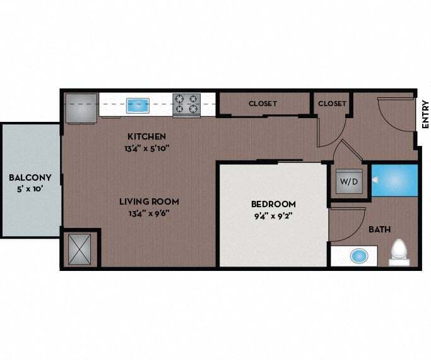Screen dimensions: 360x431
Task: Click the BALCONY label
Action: point(30,177)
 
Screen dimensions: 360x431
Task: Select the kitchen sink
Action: point(136,105)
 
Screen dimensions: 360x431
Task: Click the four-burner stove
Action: point(187,105)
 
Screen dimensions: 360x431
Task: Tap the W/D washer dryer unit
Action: point(348,182)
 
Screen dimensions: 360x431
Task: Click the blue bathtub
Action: point(394,179)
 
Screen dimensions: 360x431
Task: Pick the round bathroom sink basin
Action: point(358,256)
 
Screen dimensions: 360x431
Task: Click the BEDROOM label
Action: point(273,204)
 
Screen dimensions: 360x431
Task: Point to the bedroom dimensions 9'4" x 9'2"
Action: point(273,215)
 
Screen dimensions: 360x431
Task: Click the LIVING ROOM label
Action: point(150,201)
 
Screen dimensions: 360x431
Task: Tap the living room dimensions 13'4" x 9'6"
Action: point(150,212)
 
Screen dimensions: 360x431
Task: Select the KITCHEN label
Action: point(146,136)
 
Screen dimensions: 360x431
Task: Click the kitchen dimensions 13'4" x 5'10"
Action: point(146,148)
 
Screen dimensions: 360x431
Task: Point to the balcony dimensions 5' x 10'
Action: point(30,188)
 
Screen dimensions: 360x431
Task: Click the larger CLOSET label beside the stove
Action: point(263,104)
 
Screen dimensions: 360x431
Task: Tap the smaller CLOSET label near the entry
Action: point(332,104)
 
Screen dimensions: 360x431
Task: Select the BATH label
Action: point(379,229)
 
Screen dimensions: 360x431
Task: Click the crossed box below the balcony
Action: point(80,248)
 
